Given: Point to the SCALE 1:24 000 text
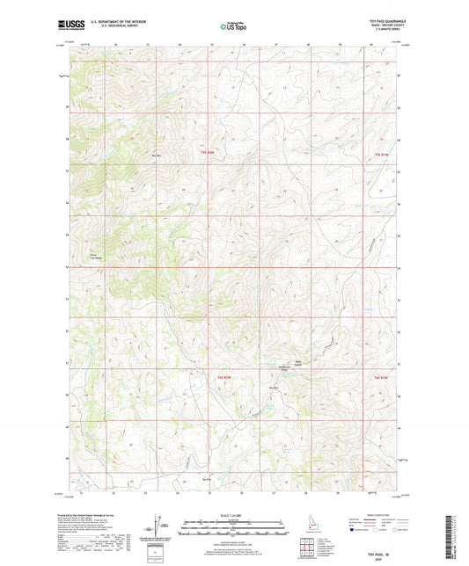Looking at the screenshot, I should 233,515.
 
